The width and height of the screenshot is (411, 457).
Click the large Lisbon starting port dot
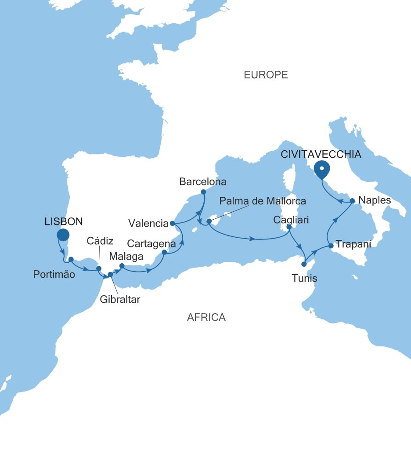63,235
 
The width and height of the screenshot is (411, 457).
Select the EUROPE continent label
266,75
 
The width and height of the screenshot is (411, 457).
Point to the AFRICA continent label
206,317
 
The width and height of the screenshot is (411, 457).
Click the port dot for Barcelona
203,192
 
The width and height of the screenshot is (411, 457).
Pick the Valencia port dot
172,223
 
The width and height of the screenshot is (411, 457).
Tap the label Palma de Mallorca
262,201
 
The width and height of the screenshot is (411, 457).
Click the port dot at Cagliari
289,227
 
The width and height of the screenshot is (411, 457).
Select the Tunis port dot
304,265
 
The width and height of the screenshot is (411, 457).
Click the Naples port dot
352,200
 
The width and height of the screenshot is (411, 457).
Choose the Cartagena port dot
164,252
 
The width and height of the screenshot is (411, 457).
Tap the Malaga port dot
122,265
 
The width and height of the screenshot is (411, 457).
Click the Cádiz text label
100,241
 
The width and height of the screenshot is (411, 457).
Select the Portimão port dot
71,259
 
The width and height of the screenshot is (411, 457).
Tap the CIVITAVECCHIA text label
321,154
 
